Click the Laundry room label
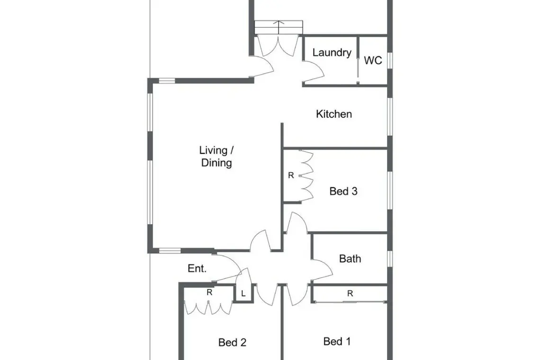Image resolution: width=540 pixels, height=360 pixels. click(332, 53)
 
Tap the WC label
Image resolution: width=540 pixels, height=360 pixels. click(373, 61)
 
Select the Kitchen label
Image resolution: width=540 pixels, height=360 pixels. click(334, 114)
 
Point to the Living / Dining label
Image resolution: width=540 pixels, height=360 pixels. click(216, 156)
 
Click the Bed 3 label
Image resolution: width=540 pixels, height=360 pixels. click(343, 191)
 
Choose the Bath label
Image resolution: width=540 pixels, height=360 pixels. click(350, 258)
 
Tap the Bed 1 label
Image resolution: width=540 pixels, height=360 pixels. click(337, 342)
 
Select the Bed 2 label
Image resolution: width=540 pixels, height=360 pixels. click(232, 342)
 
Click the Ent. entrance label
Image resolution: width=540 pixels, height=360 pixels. click(197, 269)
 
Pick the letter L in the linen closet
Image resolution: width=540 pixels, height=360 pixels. click(243, 294)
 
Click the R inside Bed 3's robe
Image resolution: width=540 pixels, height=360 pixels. click(291, 175)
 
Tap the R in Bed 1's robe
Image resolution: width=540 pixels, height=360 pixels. click(350, 294)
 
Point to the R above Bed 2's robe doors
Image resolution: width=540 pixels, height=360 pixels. click(209, 292)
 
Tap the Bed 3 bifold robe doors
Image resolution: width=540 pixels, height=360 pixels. click(307, 176)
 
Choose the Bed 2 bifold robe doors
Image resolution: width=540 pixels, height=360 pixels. click(208, 307)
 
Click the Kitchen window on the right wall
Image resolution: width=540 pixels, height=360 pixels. click(390, 117)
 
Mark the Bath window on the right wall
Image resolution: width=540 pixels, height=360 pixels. click(390, 259)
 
